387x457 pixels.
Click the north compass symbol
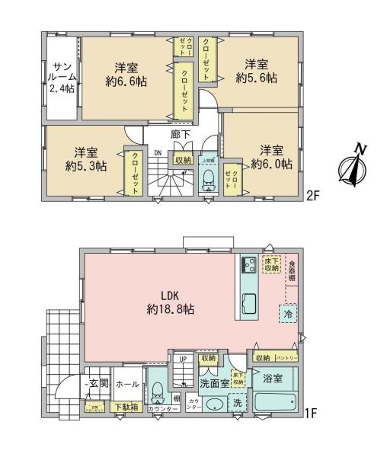[352, 167]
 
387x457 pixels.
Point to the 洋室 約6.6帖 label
[126, 73]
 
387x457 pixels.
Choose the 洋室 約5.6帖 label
[255, 71]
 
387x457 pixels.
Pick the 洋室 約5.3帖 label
[85, 157]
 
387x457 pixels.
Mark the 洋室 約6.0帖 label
[270, 156]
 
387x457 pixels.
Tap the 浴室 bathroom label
[272, 378]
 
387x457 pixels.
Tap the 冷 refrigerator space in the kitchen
[288, 312]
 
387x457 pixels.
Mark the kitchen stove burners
[248, 264]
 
